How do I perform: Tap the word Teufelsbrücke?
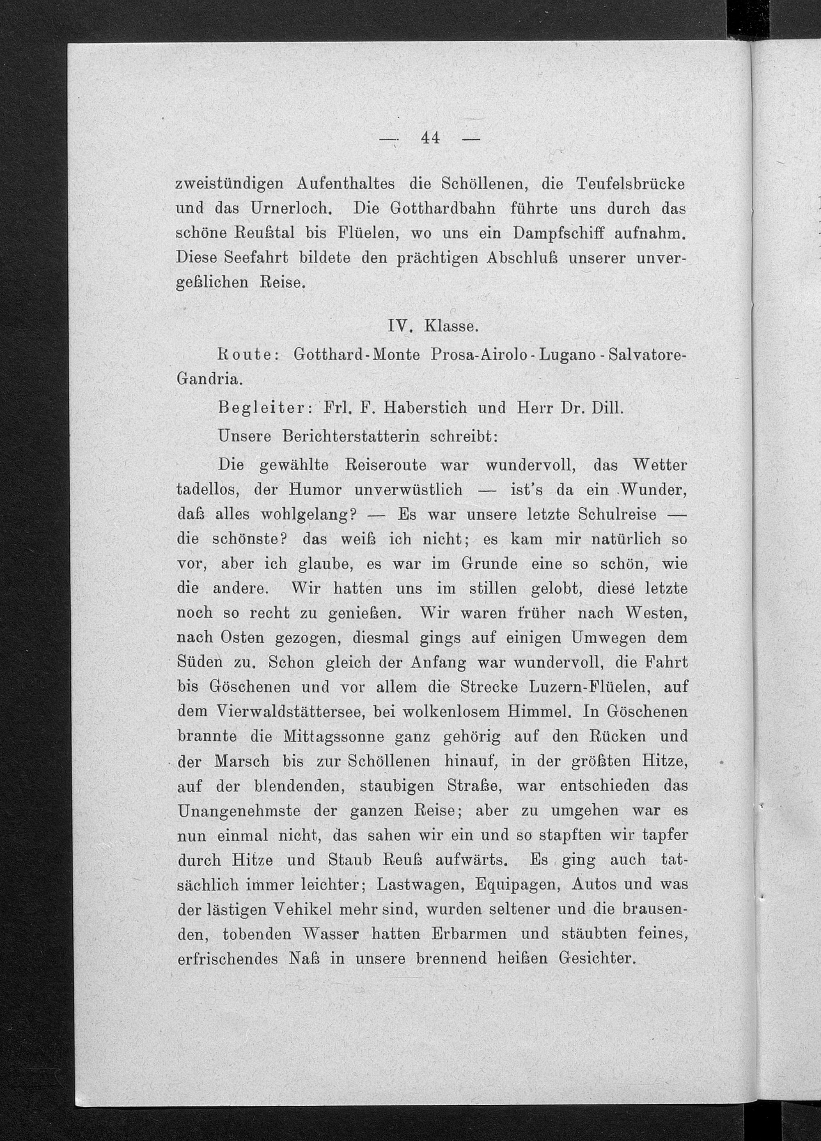pos(631,184)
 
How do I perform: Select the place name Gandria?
pos(210,380)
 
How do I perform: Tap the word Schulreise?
pos(617,514)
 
